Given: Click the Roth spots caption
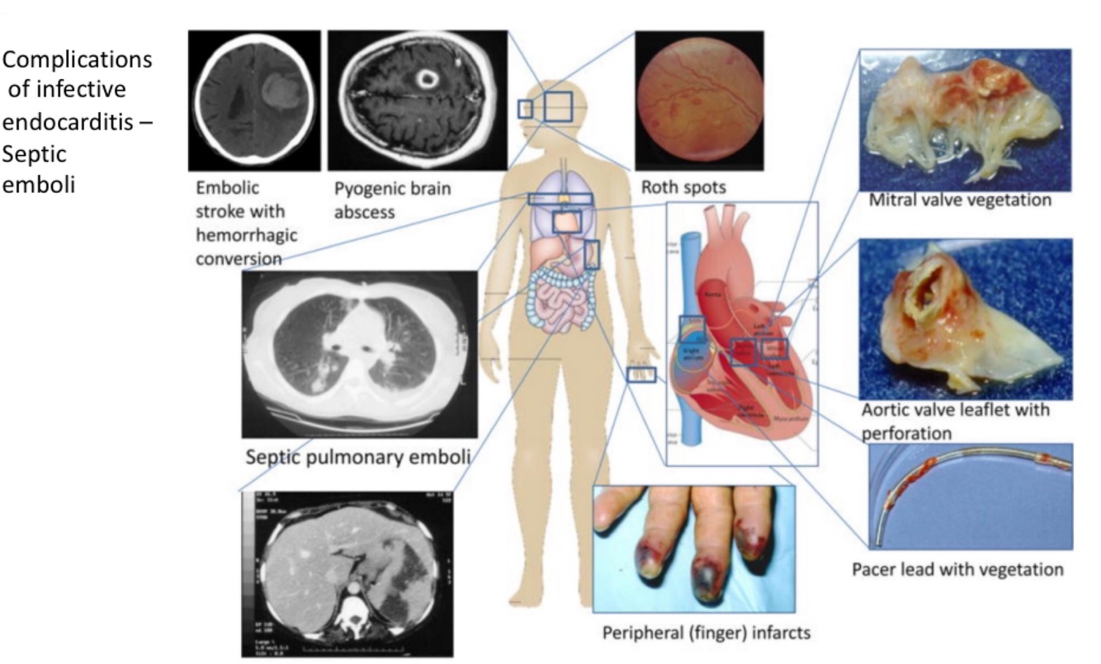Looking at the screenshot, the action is pyautogui.click(x=683, y=188).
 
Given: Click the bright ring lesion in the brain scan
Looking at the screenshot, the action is pyautogui.click(x=428, y=78).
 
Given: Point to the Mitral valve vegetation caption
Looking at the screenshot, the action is pyautogui.click(x=960, y=200).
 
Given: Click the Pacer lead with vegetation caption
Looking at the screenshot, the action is pyautogui.click(x=957, y=569).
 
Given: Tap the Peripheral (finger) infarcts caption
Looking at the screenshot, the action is pyautogui.click(x=703, y=633).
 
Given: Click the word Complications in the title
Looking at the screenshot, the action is pyautogui.click(x=78, y=60).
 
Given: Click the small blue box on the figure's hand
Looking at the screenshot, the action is pyautogui.click(x=641, y=375).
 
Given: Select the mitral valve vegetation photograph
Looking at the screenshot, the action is pyautogui.click(x=965, y=120).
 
